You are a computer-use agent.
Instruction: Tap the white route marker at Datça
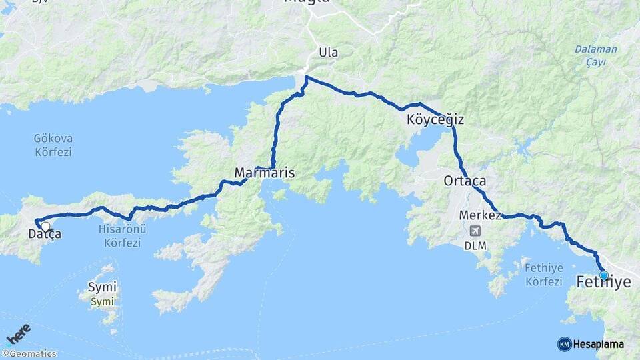coord(45,226)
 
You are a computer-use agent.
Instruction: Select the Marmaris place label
coord(264,173)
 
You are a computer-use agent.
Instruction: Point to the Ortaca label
coord(465,181)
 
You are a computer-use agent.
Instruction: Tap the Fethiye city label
coord(603,283)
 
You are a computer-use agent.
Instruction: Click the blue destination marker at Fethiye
coord(603,275)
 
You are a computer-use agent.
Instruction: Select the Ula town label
coord(328,52)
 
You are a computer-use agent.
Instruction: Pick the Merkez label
coord(480,215)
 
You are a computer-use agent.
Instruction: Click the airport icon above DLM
coord(474,231)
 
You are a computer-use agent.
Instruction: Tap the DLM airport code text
coord(477,245)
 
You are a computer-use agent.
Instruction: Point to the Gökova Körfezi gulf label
coord(53,145)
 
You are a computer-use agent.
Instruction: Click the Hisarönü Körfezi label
coord(122,236)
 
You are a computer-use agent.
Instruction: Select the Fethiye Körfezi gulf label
coord(543,274)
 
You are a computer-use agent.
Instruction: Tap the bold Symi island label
coord(102,287)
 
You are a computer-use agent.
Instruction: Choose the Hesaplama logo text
coord(599,344)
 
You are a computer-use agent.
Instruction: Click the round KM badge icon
coord(564,344)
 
